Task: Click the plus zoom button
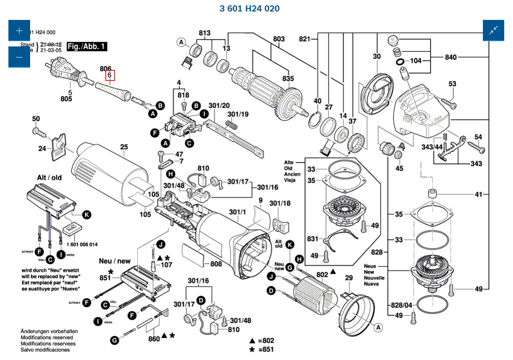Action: click(19, 31)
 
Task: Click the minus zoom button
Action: click(19, 57)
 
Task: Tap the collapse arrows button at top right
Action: click(493, 31)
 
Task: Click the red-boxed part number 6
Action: click(109, 76)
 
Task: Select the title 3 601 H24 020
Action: click(250, 8)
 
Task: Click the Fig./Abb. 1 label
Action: click(87, 46)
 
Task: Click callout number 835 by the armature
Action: click(288, 79)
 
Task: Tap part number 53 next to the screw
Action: click(452, 84)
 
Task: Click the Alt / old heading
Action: click(49, 177)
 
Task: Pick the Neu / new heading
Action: click(115, 261)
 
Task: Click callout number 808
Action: click(216, 264)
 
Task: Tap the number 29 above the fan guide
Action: click(349, 277)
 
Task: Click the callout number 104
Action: click(416, 61)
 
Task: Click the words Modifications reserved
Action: click(48, 337)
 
